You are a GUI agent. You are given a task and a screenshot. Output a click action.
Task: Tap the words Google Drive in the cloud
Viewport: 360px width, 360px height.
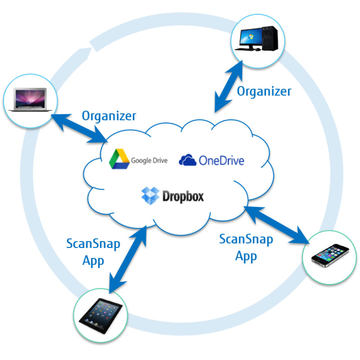[149, 160]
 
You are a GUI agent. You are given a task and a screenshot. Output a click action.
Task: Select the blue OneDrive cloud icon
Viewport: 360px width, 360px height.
[188, 160]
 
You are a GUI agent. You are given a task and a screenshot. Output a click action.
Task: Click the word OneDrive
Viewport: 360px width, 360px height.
[221, 160]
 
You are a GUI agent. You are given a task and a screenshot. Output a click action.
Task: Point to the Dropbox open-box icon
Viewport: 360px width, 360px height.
[151, 196]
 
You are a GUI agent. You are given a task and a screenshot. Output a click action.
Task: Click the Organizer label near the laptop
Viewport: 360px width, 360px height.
[109, 116]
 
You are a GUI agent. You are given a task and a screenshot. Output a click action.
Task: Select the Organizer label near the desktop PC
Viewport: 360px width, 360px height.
[264, 91]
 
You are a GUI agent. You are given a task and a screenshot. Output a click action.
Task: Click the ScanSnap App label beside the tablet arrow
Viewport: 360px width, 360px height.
[93, 252]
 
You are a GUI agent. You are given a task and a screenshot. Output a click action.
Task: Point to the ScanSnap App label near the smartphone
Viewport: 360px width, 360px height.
[246, 247]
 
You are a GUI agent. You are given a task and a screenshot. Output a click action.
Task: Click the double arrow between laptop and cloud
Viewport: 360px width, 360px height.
[81, 127]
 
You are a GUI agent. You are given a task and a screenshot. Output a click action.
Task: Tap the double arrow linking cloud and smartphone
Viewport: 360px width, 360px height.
[277, 224]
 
